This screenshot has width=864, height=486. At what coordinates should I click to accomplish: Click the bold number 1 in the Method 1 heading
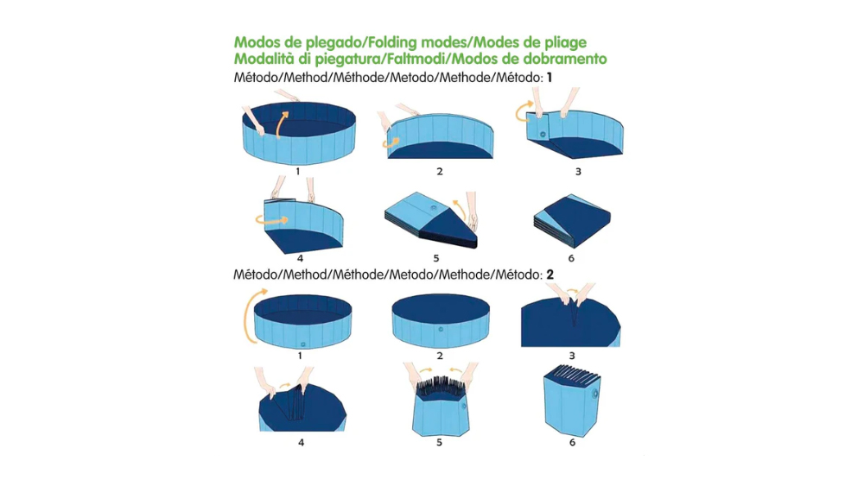tap(549, 78)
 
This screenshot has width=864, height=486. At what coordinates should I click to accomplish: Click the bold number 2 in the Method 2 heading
tap(550, 275)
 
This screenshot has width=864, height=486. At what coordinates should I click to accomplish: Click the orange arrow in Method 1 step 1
tap(281, 124)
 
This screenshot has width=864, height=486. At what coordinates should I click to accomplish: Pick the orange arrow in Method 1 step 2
tap(391, 142)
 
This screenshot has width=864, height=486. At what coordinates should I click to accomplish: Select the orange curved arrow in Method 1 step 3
tap(523, 110)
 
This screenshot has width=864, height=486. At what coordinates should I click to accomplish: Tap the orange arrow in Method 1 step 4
tap(271, 220)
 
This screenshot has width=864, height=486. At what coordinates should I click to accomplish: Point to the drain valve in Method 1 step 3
tap(543, 135)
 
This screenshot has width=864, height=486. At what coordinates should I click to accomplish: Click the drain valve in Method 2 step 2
tap(441, 329)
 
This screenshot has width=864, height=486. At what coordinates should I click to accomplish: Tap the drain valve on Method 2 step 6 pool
tap(594, 394)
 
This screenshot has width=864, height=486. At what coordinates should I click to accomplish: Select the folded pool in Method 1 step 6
tap(572, 221)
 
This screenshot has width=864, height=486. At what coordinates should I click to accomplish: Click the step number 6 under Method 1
tap(571, 258)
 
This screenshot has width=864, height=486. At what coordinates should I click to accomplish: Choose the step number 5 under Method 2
tap(439, 443)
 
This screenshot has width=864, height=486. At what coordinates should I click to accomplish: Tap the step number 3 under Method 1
tap(578, 172)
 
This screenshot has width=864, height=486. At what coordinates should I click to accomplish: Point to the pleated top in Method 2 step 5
tap(442, 384)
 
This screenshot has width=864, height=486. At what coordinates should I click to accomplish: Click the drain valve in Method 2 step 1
tap(303, 344)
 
